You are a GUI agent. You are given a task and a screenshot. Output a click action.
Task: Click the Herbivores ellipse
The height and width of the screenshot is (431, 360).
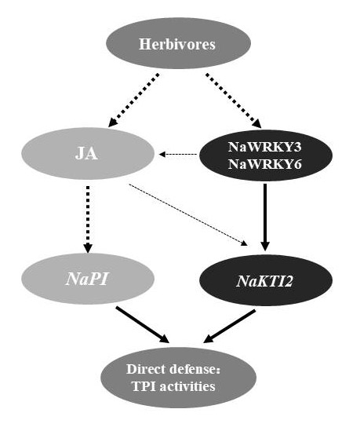(x=179, y=43)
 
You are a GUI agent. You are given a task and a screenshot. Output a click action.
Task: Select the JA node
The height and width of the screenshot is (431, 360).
(x=88, y=153)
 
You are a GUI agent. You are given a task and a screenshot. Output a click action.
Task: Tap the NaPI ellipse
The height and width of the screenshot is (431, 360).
(x=88, y=279)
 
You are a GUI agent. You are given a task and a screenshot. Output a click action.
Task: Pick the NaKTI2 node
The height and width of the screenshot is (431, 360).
(x=266, y=280)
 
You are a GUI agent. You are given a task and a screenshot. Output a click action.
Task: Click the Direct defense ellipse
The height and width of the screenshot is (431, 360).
(x=179, y=377)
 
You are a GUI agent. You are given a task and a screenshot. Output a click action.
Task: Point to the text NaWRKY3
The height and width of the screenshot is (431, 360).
(x=265, y=147)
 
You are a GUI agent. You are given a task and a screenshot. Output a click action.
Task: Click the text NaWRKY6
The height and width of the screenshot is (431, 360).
(x=265, y=164)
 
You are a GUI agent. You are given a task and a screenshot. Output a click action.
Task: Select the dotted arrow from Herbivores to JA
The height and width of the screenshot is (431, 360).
(x=134, y=100)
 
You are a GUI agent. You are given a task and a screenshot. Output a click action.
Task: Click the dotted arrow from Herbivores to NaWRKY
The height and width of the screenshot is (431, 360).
(x=234, y=100)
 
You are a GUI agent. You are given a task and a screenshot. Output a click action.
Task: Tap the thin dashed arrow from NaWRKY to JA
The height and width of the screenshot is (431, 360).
(x=178, y=154)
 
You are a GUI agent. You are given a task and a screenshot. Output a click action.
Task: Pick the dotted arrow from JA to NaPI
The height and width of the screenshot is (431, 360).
(x=88, y=219)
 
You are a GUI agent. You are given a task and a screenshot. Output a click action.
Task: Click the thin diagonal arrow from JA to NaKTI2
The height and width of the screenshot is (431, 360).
(x=188, y=214)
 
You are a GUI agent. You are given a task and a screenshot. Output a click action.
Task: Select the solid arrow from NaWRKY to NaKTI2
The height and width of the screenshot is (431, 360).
(x=265, y=217)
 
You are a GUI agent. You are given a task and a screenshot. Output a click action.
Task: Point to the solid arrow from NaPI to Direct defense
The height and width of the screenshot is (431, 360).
(x=142, y=325)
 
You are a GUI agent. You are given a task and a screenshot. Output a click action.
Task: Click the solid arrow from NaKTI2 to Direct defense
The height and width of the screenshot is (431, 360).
(x=230, y=327)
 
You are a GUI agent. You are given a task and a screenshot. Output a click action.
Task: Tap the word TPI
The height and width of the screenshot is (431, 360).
(x=144, y=386)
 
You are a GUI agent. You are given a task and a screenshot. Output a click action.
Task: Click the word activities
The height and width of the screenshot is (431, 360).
(x=187, y=386)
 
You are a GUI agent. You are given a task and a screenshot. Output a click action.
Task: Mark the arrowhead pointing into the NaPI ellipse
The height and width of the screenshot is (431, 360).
(x=88, y=247)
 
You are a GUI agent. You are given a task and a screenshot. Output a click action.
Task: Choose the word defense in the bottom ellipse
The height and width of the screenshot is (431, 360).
(x=195, y=369)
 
